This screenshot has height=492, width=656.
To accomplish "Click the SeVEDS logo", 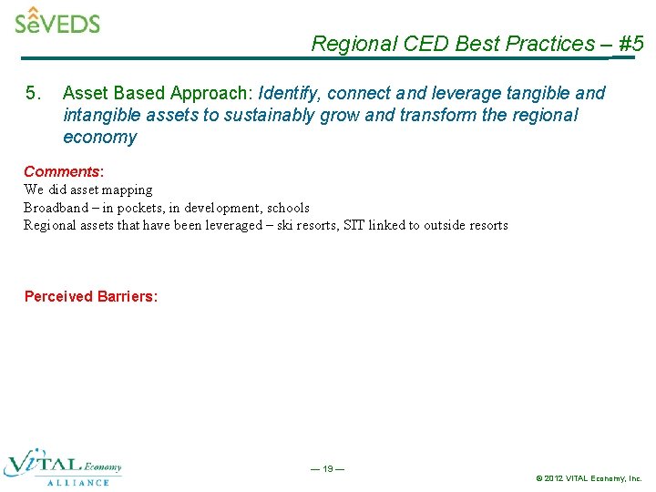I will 57,21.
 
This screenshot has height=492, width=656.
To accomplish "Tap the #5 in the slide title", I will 630,44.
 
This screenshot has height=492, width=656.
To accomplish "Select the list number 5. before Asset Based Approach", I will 34,93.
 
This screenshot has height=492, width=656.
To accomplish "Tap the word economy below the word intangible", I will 99,138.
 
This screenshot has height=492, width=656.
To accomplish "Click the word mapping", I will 128,190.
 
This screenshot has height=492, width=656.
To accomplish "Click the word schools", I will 288,208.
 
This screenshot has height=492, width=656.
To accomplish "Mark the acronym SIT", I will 354,225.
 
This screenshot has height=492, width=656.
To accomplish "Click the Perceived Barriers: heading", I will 91,296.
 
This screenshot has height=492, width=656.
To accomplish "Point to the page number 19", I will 327,469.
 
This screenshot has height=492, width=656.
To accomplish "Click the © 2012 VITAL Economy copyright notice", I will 589,478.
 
